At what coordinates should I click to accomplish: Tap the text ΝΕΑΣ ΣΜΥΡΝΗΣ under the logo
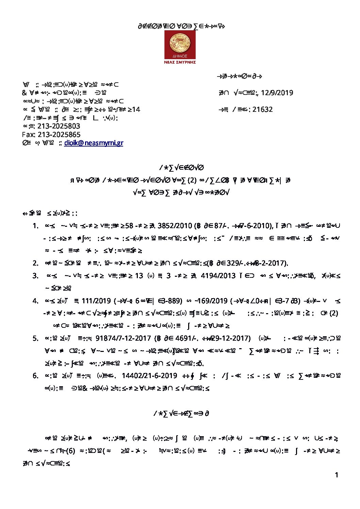click(180, 62)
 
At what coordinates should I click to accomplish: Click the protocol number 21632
click(262, 109)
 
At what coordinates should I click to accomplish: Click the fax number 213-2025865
click(59, 135)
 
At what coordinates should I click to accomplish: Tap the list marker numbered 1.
click(35, 226)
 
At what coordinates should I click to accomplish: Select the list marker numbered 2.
click(35, 263)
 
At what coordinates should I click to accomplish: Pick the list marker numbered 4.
click(35, 301)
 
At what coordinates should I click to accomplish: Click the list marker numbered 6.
click(35, 375)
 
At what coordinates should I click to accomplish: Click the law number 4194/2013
click(218, 275)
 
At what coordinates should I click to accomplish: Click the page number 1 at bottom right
click(337, 475)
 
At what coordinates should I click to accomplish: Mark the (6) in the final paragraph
click(70, 451)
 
